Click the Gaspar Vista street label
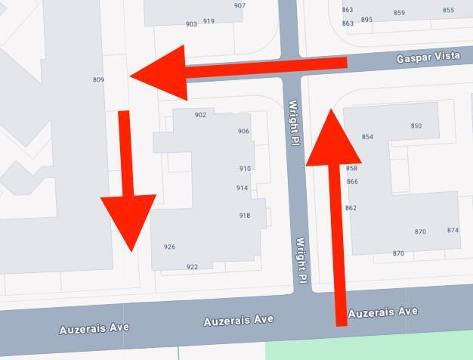tap(426, 57)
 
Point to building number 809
tap(98, 79)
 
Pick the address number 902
tap(200, 115)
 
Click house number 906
tap(243, 131)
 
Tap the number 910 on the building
tap(245, 169)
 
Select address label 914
tap(242, 188)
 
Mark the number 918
tap(245, 216)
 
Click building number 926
tap(169, 247)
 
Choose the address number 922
tap(192, 266)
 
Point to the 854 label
tap(367, 137)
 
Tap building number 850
tap(416, 126)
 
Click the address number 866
tap(352, 182)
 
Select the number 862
tap(351, 208)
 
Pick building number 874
tap(453, 230)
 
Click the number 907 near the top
tap(240, 5)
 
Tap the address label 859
tap(399, 13)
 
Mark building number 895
tap(366, 20)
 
